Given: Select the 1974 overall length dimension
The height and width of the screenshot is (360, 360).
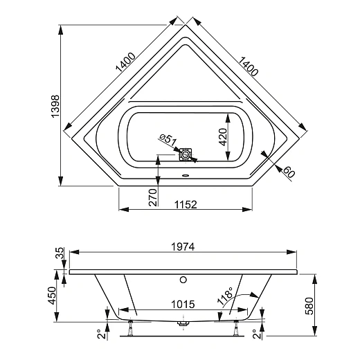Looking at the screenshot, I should (185, 246).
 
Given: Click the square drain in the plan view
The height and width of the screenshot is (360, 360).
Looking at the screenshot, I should (185, 154).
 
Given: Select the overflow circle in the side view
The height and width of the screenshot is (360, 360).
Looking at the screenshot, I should (183, 280).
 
